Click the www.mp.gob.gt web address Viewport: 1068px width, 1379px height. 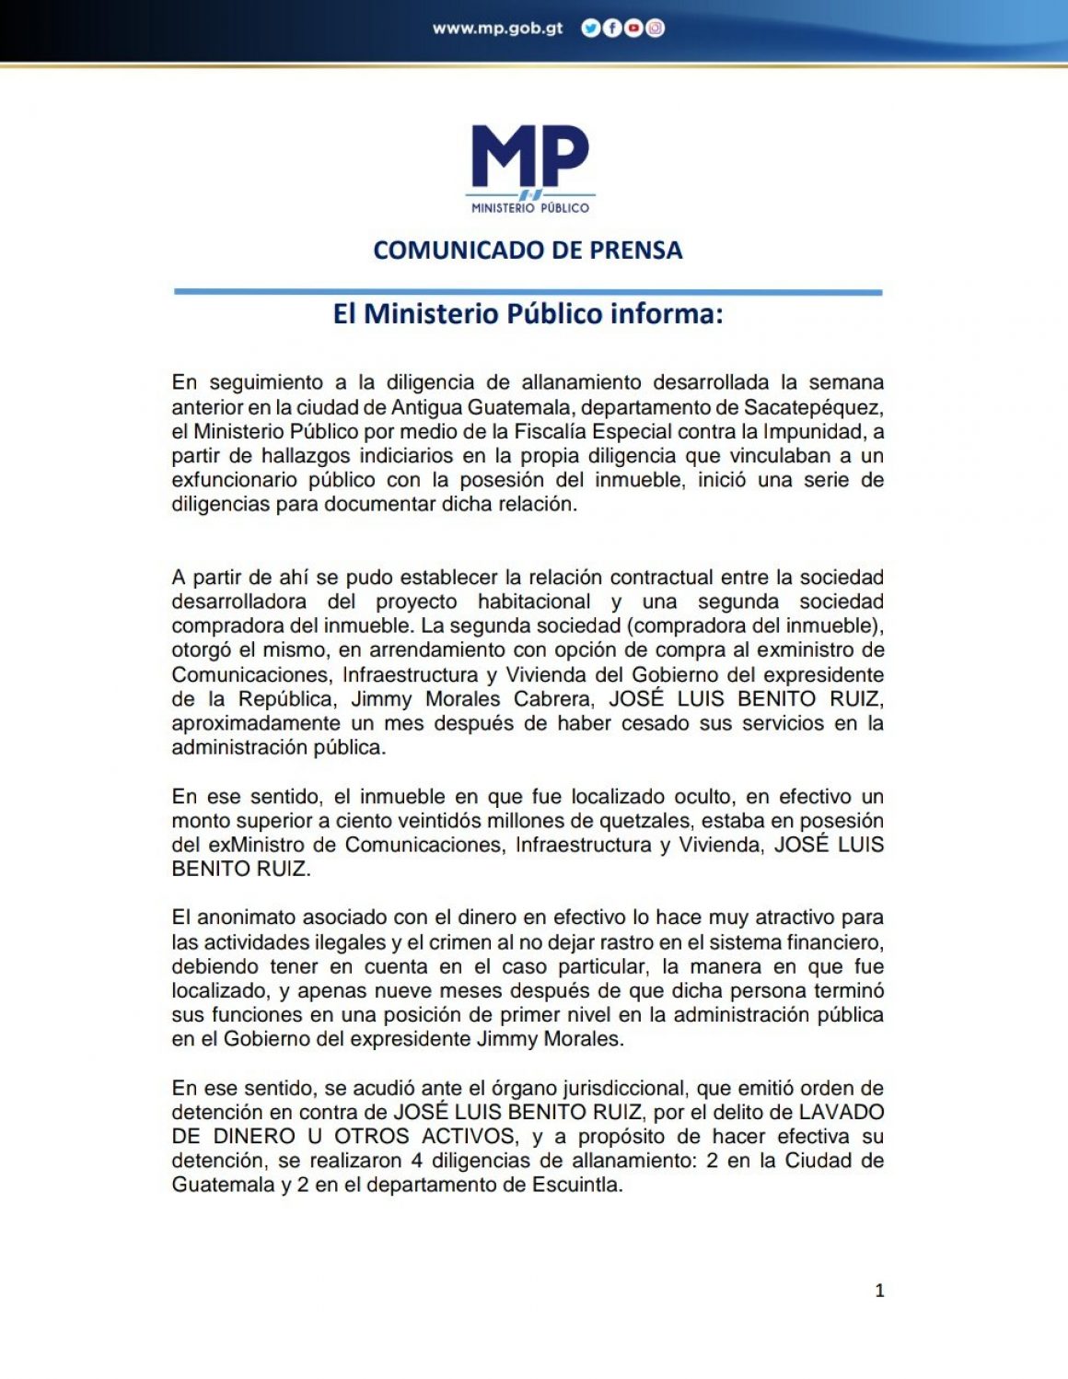497,29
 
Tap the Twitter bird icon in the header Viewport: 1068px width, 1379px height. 589,29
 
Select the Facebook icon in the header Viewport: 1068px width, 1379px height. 611,29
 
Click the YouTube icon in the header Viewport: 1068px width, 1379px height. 633,29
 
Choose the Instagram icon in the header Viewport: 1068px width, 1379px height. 655,29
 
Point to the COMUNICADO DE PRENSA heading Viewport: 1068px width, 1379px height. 528,251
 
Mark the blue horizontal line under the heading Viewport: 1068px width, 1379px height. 528,292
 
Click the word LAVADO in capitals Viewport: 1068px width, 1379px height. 841,1112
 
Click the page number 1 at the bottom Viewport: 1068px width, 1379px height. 879,1291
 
